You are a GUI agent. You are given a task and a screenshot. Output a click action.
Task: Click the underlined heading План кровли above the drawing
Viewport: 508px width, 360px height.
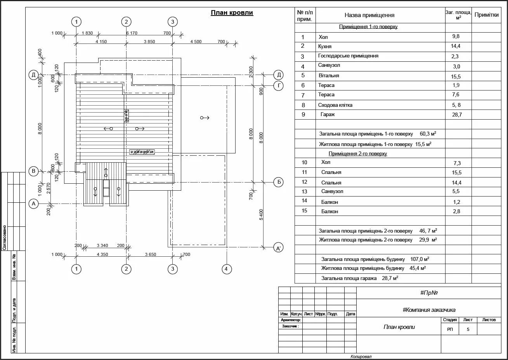point(232,13)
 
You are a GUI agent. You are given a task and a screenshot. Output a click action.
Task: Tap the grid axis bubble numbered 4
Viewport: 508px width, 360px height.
point(227,269)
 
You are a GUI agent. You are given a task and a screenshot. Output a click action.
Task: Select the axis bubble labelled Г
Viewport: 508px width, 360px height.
point(278,85)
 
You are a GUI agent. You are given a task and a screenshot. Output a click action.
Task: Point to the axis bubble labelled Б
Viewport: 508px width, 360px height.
point(278,182)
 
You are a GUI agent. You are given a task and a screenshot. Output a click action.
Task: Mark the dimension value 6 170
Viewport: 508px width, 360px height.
point(132,33)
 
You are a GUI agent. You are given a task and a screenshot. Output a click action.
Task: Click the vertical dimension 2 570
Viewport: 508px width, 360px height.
point(49,188)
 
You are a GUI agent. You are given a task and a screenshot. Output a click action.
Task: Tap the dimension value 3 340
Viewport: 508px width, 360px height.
point(102,245)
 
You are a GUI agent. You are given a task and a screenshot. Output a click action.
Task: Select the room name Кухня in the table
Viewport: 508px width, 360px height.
point(324,46)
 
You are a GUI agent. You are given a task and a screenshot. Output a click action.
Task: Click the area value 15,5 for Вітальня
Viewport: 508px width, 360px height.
point(456,77)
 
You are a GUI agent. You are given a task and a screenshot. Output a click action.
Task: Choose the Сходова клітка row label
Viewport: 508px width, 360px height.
point(335,105)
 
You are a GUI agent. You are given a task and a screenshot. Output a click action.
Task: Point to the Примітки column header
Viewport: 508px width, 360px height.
point(486,15)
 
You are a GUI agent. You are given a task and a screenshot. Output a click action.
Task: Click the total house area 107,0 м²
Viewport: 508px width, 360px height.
point(421,259)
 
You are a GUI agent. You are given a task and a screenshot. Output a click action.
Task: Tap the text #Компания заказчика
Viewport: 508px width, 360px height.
point(429,310)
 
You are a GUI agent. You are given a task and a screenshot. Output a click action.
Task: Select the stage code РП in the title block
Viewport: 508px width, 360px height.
point(450,329)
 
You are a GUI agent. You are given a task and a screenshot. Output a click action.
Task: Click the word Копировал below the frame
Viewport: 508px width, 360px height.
point(361,357)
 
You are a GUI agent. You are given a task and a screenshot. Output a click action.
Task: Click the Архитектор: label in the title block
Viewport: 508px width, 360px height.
point(291,320)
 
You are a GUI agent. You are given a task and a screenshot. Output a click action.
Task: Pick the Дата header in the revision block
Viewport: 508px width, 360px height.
point(350,314)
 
